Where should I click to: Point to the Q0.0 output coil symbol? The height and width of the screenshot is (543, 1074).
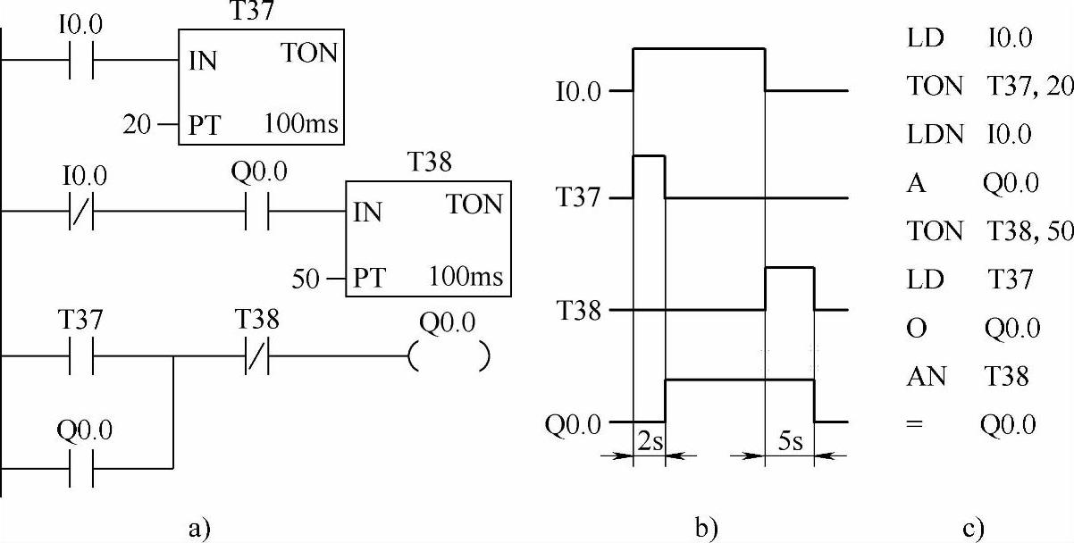(x=448, y=356)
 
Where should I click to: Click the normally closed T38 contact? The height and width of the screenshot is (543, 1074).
(x=256, y=356)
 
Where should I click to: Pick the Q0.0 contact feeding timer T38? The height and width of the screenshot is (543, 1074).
(x=256, y=212)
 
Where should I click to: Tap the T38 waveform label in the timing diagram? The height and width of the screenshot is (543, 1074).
(x=578, y=310)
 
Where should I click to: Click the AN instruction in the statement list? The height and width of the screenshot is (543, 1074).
(x=920, y=377)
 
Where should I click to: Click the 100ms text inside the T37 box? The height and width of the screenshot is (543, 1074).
(x=301, y=123)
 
